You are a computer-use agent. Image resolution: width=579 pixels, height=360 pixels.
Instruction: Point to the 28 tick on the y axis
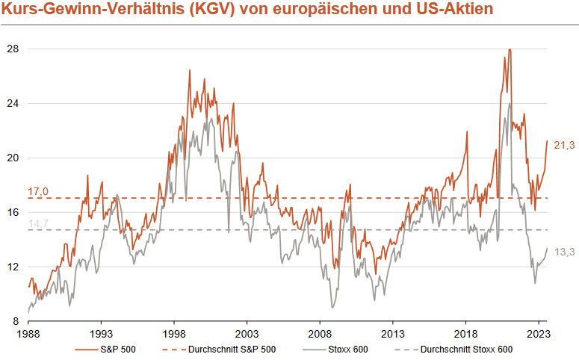pos(13,49)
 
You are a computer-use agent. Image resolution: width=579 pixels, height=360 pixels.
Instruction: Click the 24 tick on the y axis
pos(13,103)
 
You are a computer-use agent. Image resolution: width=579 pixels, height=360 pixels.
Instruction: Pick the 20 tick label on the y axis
pos(13,158)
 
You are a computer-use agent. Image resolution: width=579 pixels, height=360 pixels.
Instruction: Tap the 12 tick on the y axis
pos(13,267)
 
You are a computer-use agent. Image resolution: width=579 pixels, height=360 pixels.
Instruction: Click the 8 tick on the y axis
pos(16,321)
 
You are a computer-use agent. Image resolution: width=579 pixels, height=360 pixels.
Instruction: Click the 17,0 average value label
pos(37,192)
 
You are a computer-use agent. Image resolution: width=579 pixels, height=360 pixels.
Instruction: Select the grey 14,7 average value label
pos(37,223)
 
